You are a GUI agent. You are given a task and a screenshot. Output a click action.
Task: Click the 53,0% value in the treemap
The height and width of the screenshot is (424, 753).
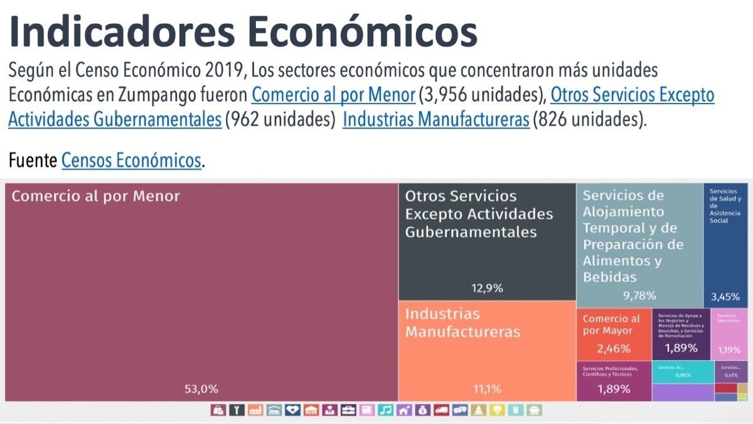[201, 389]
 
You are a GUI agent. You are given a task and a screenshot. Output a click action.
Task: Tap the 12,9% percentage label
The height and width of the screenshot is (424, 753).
[488, 289]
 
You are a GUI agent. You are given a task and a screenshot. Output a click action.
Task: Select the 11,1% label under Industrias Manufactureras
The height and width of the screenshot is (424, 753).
[488, 389]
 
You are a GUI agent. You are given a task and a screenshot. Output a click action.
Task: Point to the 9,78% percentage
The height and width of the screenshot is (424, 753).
[639, 295]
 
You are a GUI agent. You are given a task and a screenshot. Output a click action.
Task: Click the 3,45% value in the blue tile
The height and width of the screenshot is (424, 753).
[725, 296]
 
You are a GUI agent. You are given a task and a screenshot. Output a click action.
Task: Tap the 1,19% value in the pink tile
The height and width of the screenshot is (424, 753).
[729, 350]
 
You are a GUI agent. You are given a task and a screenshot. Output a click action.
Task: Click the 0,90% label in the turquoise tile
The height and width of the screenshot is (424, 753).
[683, 375]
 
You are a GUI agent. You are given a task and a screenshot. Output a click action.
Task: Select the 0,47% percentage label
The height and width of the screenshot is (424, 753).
[731, 375]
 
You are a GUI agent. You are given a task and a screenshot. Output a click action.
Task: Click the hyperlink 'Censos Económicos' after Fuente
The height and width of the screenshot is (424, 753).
[132, 161]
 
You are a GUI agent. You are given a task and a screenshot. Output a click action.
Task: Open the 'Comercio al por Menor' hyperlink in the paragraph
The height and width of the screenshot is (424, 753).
[333, 95]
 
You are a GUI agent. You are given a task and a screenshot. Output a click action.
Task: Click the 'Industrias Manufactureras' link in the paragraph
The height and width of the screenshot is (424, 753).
[436, 119]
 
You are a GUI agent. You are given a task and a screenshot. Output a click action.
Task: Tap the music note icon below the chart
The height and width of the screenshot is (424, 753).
[386, 410]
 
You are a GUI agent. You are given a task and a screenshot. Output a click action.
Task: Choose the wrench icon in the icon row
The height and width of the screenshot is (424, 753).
[237, 410]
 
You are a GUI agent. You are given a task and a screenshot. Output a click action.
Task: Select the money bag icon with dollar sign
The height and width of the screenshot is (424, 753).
[424, 410]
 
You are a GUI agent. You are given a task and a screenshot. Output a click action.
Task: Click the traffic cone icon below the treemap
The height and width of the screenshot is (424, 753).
[479, 410]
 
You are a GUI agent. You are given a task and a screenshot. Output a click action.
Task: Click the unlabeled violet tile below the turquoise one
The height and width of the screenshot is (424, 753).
[683, 392]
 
